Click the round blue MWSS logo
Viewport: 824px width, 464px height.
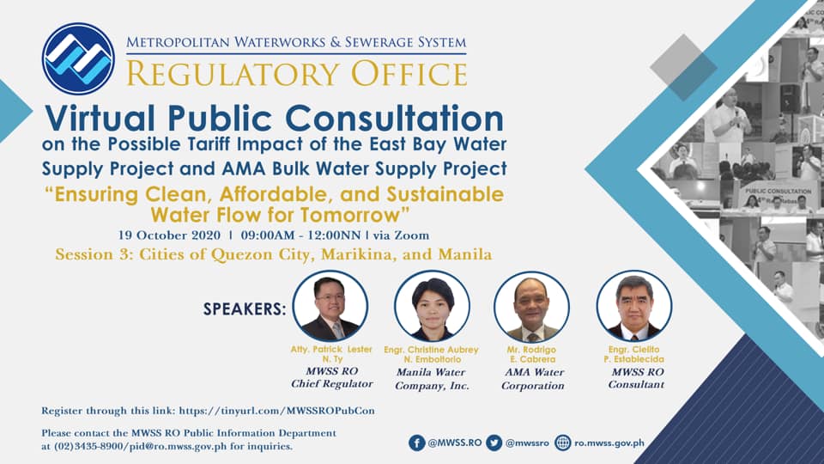click(x=78, y=58)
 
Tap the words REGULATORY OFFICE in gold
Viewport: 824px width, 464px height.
click(x=297, y=74)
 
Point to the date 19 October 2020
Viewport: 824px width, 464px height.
click(x=169, y=235)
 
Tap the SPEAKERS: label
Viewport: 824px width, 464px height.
click(x=245, y=308)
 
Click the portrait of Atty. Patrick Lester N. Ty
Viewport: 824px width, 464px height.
click(x=330, y=306)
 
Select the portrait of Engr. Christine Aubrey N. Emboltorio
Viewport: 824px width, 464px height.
click(x=432, y=306)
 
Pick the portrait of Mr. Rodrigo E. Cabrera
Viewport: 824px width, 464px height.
click(x=532, y=306)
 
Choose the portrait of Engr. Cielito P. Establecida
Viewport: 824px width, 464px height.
click(x=634, y=306)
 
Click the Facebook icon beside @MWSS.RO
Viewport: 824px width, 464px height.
click(x=417, y=443)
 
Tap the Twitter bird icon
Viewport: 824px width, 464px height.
click(x=494, y=443)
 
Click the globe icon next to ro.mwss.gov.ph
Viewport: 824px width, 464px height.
click(x=563, y=443)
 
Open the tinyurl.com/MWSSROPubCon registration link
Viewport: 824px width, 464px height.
click(x=277, y=411)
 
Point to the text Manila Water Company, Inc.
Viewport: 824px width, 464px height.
click(x=432, y=379)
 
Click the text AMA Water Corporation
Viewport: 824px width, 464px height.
click(x=533, y=379)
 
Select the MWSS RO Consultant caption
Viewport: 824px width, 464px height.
click(x=636, y=378)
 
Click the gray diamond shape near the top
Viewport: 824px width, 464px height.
click(x=683, y=67)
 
